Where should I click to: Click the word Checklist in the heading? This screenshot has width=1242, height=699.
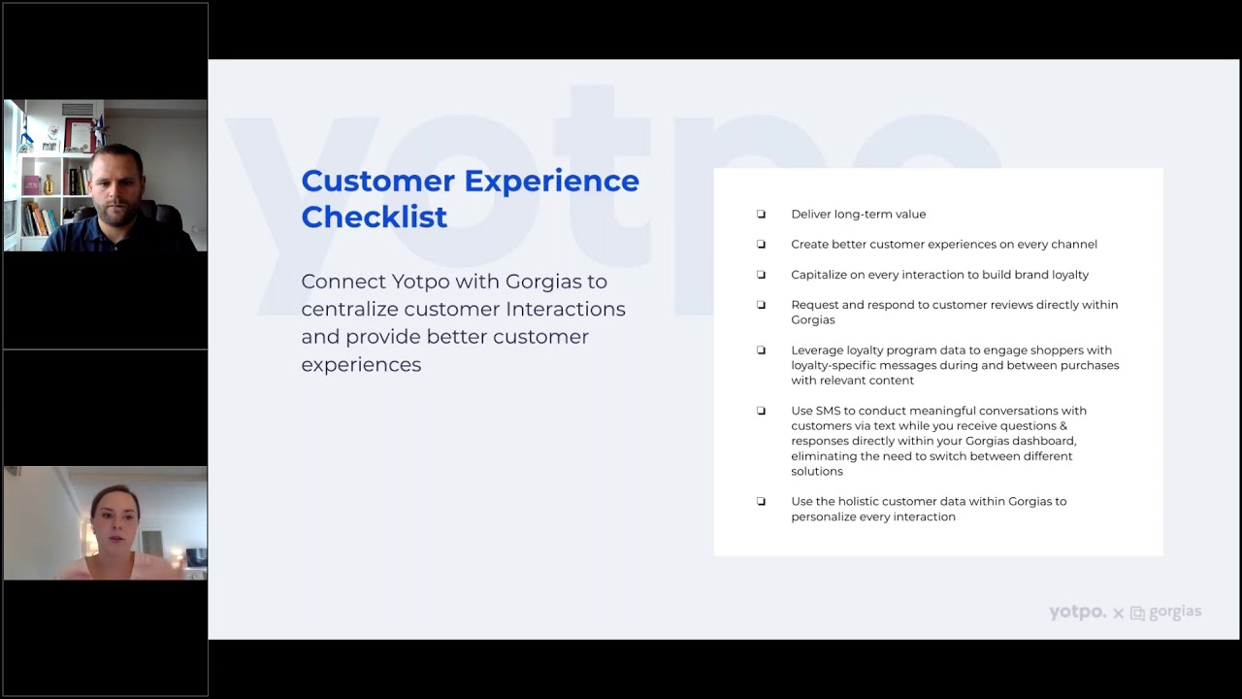point(374,216)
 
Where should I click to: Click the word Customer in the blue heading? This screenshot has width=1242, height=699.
point(377,181)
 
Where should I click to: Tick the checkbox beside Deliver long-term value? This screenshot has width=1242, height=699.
point(761,215)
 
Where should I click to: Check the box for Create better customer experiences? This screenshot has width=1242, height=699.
point(761,245)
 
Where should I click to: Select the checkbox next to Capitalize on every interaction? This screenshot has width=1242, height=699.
point(761,275)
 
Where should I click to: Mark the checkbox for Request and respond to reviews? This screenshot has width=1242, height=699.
point(761,305)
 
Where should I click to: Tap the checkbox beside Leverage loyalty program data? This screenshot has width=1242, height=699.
point(761,350)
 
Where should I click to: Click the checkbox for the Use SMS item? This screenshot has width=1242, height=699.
point(761,411)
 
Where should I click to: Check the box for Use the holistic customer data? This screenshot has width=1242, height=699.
point(761,502)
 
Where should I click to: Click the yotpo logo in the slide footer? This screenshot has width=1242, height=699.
point(1077,613)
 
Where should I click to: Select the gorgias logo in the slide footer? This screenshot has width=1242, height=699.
point(1166,613)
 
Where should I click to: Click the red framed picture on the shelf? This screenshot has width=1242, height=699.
point(78,134)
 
